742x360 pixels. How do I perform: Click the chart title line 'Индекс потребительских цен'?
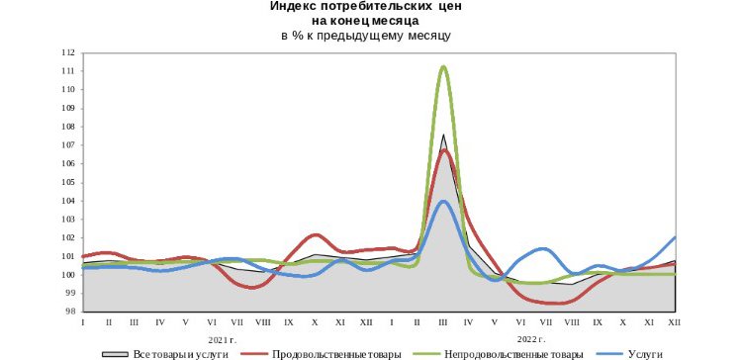pos(366,6)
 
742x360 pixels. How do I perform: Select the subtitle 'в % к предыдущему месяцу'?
pos(366,36)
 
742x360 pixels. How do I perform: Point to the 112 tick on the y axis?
pos(69,52)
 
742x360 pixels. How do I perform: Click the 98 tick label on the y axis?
pos(69,312)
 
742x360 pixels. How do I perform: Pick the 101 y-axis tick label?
pos(69,256)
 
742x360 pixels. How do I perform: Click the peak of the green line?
pos(443,66)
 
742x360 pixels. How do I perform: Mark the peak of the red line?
pos(444,150)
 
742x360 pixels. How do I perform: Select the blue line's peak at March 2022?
pos(443,202)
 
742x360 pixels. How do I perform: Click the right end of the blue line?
pos(675,237)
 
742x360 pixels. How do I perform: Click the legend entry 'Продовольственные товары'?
pos(335,353)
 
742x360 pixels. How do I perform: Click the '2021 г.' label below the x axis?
pos(224,338)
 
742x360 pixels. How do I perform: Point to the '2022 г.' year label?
pos(532,338)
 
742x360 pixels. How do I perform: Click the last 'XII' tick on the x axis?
pos(675,323)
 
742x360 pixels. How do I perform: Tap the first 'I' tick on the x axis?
pos(83,323)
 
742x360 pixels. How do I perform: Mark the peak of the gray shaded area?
pos(443,135)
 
